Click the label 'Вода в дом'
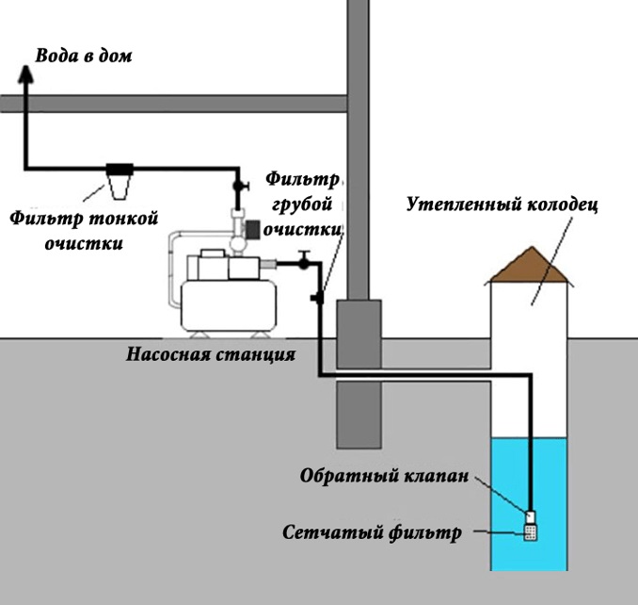click(x=84, y=56)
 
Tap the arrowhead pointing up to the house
click(x=24, y=78)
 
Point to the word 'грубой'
click(x=302, y=203)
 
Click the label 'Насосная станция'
click(x=212, y=355)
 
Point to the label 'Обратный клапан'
click(x=383, y=476)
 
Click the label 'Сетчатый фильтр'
click(x=373, y=532)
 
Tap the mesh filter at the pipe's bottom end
click(x=531, y=532)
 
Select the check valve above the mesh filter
click(x=531, y=516)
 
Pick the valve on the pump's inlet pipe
click(x=303, y=260)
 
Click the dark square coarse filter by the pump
click(x=251, y=228)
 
